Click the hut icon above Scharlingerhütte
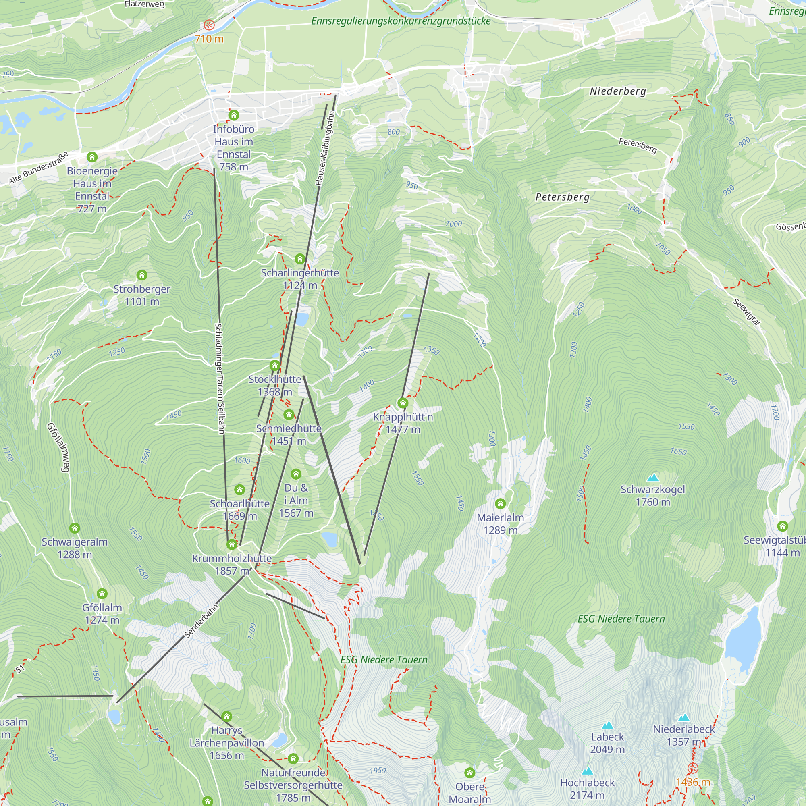[x=299, y=259]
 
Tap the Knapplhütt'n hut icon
[x=403, y=403]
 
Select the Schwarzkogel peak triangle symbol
[x=652, y=478]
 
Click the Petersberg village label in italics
[x=562, y=197]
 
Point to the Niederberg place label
[x=617, y=91]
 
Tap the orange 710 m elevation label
[x=209, y=39]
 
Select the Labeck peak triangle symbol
[x=607, y=725]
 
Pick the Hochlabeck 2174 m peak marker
[x=588, y=771]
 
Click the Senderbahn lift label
[x=201, y=621]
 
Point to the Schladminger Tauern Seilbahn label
[x=220, y=378]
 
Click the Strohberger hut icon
[x=142, y=275]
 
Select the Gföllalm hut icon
[x=102, y=594]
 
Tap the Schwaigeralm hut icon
[x=75, y=528]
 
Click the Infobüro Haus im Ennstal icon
[x=234, y=115]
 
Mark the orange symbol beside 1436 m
[x=692, y=768]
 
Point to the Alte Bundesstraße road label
[x=38, y=168]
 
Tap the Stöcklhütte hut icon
[x=274, y=366]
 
